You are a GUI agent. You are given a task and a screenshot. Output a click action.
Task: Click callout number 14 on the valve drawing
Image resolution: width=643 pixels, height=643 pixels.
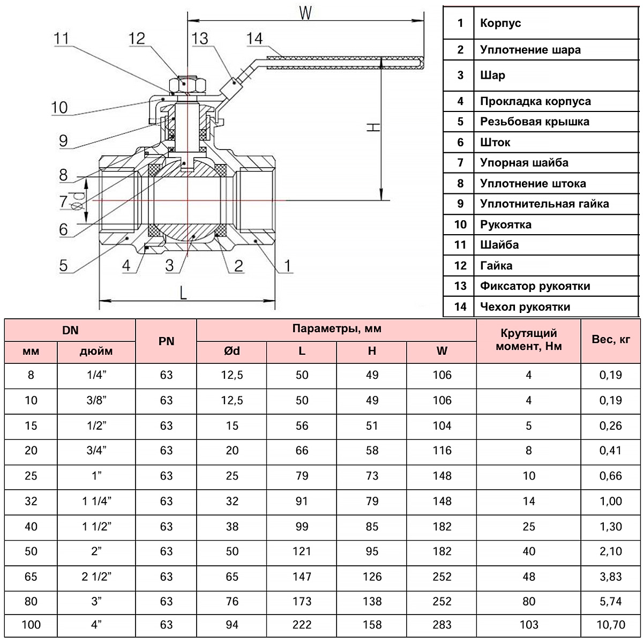(255, 39)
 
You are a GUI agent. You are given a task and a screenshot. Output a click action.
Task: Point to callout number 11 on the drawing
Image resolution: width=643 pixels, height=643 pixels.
(62, 39)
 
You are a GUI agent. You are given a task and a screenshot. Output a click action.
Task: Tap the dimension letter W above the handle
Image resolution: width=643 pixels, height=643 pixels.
(305, 13)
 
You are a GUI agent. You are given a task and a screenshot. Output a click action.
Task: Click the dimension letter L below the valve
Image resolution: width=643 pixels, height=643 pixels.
(183, 293)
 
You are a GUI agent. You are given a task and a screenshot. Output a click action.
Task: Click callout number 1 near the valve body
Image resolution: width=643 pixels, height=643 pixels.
(287, 265)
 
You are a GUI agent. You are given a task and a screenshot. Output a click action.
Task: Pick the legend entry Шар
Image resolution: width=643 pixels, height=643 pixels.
(492, 75)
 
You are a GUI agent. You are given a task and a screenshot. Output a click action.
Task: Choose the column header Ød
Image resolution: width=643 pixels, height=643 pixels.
(231, 351)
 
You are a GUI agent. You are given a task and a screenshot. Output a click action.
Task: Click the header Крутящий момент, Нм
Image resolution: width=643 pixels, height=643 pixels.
(528, 340)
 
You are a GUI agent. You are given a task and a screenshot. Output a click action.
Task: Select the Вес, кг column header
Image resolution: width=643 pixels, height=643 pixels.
(610, 339)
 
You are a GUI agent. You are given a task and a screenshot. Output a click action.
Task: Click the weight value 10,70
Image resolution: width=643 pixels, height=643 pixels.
(610, 625)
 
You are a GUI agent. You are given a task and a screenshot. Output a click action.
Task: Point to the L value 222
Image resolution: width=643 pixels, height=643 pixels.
(302, 625)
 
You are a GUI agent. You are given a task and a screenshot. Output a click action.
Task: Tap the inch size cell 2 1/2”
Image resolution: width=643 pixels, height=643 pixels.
(96, 577)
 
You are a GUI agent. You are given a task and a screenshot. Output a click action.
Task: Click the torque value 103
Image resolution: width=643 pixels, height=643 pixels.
(528, 625)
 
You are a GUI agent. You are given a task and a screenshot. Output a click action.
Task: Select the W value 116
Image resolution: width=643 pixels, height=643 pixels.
(442, 451)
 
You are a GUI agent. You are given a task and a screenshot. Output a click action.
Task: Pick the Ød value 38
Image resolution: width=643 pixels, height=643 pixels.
(231, 527)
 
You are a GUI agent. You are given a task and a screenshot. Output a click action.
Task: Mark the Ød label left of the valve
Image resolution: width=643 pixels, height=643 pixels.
(78, 199)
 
